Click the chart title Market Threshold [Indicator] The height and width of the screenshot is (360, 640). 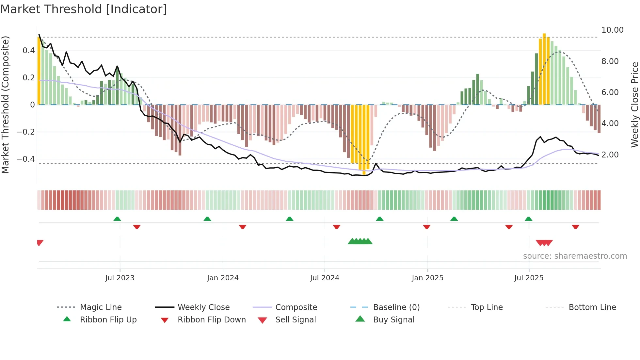click(x=84, y=9)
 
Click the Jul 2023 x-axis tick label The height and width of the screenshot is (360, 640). click(x=120, y=278)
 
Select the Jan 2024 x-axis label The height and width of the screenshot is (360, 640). click(x=223, y=278)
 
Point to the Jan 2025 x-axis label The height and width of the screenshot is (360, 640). click(x=427, y=278)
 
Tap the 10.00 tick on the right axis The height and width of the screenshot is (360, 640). click(x=612, y=30)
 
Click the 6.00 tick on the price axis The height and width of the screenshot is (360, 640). click(x=610, y=92)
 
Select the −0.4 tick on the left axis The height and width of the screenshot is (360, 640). click(x=26, y=159)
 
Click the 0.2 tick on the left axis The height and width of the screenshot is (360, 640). click(x=28, y=78)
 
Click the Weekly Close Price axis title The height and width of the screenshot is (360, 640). click(x=634, y=105)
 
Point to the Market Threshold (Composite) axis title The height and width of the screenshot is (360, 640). click(x=5, y=105)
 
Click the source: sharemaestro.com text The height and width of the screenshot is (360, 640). click(x=575, y=256)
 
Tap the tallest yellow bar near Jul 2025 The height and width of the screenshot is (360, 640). click(x=544, y=69)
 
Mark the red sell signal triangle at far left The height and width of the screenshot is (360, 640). click(x=40, y=242)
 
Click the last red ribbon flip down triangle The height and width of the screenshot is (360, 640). click(x=575, y=227)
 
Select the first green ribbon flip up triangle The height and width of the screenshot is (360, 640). click(x=117, y=219)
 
